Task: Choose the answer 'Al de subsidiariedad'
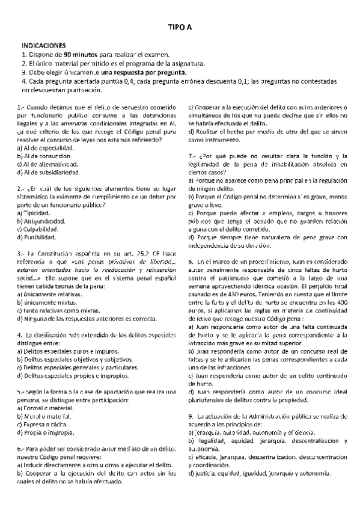(49, 173)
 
